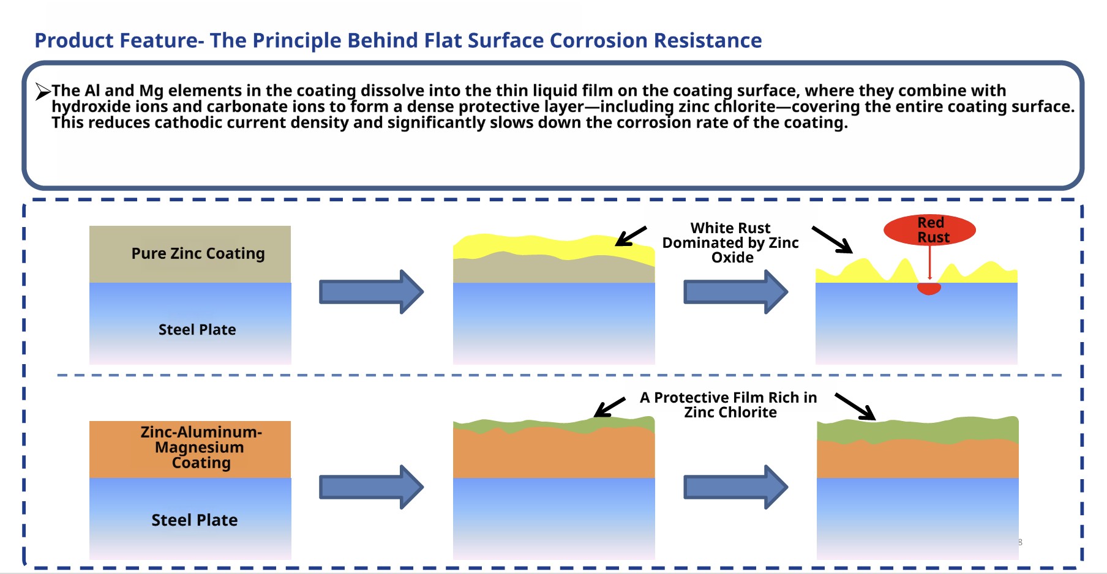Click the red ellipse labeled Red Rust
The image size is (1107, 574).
coord(929,229)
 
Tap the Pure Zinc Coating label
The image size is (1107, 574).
coord(198,253)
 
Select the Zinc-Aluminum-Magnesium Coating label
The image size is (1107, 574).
coord(201,447)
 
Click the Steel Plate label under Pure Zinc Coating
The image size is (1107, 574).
coord(197,330)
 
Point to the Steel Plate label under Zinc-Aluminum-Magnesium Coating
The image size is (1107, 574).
coord(195,520)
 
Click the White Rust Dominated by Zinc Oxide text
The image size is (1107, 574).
coord(730,243)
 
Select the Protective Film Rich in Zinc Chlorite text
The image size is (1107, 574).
coord(729,405)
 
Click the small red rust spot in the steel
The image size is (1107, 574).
coord(929,288)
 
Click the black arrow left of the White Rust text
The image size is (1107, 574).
coord(631,236)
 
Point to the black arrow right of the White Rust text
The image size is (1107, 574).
coord(832,239)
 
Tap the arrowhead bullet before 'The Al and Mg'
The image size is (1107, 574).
coord(42,91)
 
